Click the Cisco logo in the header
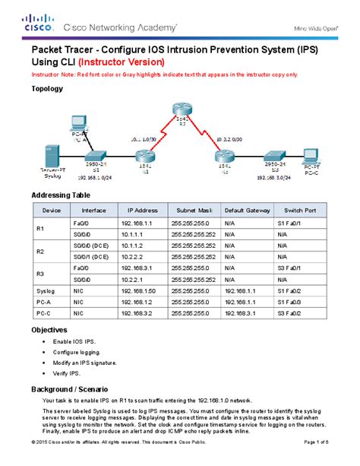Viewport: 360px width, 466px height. (36, 23)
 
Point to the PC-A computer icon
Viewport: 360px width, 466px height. (77, 125)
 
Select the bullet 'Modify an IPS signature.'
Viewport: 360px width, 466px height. (86, 363)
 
